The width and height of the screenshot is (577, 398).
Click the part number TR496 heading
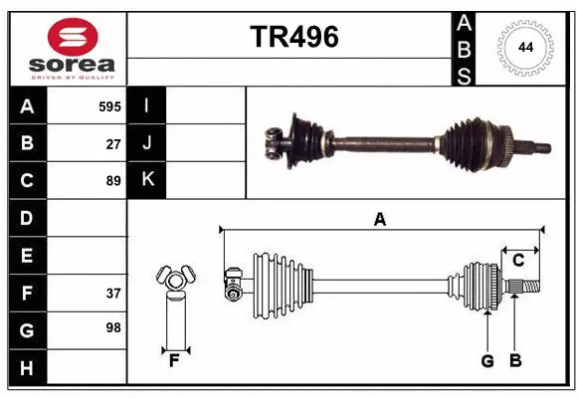[293, 37]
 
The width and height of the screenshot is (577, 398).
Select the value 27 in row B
[113, 143]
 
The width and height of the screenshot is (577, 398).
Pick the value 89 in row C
[113, 181]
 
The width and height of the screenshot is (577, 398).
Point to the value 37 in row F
[113, 293]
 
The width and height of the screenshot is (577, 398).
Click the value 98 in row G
[113, 327]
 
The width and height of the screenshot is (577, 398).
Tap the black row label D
[27, 218]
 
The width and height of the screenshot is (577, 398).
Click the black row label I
[147, 105]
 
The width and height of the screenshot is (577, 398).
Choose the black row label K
[147, 180]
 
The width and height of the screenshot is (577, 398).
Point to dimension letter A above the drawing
[379, 219]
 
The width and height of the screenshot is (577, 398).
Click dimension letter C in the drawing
[518, 261]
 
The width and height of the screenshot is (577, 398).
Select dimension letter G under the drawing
[487, 361]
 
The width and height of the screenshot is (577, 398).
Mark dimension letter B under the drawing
[514, 361]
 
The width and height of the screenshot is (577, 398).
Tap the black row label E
[27, 256]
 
